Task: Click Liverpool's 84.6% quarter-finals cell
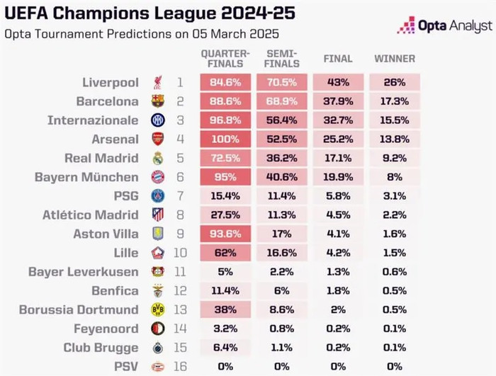pyautogui.click(x=225, y=82)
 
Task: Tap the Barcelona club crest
pyautogui.click(x=157, y=101)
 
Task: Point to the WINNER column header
pyautogui.click(x=394, y=59)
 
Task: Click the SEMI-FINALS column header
pyautogui.click(x=283, y=59)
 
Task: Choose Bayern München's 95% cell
pyautogui.click(x=225, y=177)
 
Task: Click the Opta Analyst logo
pyautogui.click(x=444, y=25)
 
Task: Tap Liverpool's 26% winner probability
pyautogui.click(x=394, y=82)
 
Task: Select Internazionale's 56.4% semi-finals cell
pyautogui.click(x=283, y=120)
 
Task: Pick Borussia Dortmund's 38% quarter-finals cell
pyautogui.click(x=225, y=309)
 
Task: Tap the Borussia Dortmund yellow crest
pyautogui.click(x=157, y=309)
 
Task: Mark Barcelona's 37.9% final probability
pyautogui.click(x=338, y=101)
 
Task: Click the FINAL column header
pyautogui.click(x=338, y=59)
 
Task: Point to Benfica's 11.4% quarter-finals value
pyautogui.click(x=225, y=290)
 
